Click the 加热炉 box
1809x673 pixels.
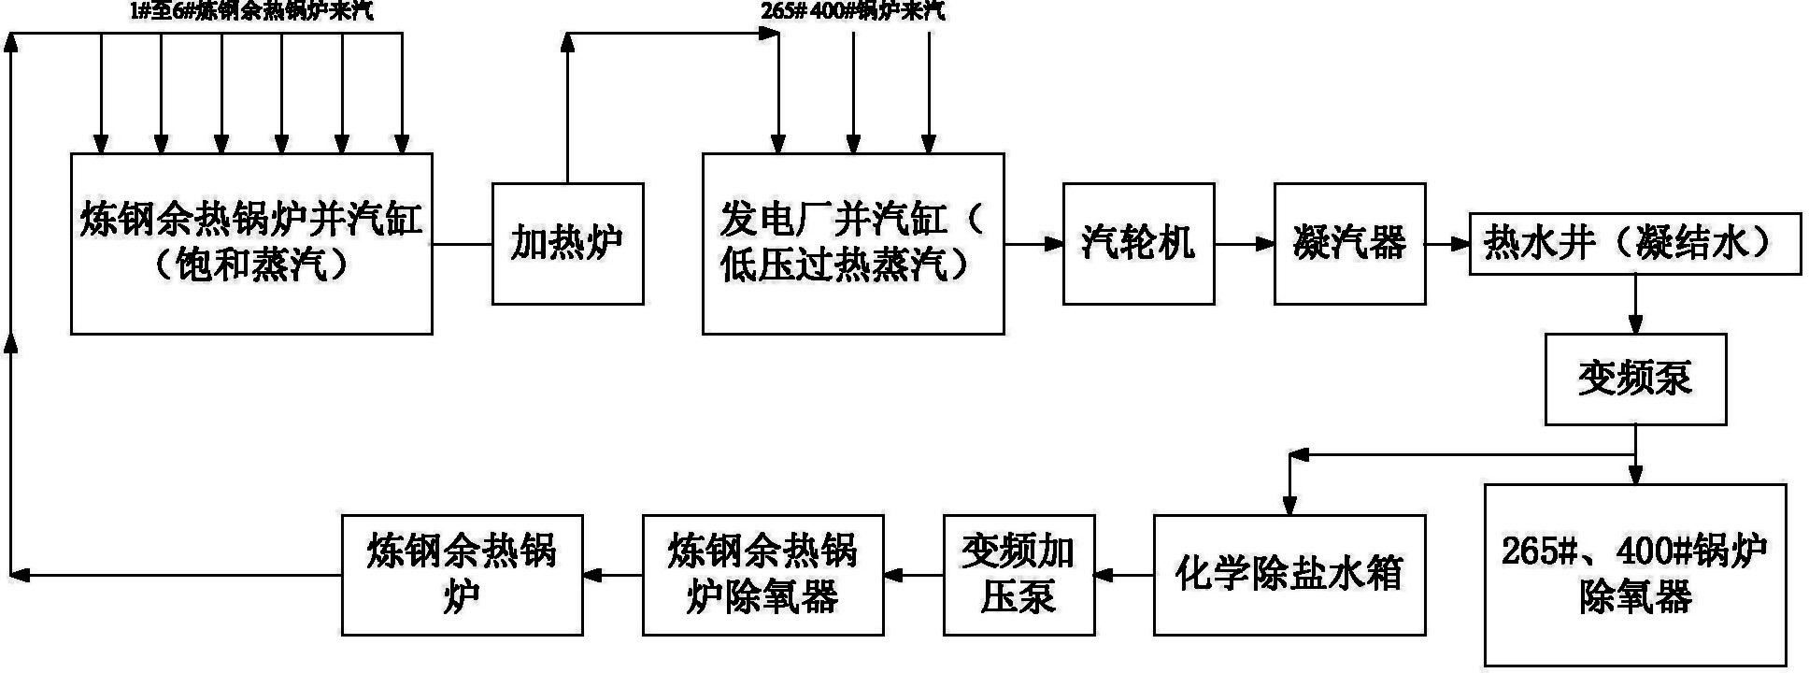point(567,243)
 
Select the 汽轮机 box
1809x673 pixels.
point(1138,243)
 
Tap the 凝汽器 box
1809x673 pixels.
point(1349,243)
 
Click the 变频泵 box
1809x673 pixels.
point(1634,379)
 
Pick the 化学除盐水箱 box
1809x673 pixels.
point(1289,574)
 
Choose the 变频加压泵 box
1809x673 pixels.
point(1018,574)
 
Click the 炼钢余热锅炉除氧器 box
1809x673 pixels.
point(762,574)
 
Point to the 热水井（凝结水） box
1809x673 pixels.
point(1634,244)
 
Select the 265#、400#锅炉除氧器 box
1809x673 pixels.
point(1634,574)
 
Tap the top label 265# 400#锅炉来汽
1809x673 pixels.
point(852,11)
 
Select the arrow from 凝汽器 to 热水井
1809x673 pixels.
point(1447,244)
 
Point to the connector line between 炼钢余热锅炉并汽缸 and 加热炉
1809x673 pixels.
point(462,244)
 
